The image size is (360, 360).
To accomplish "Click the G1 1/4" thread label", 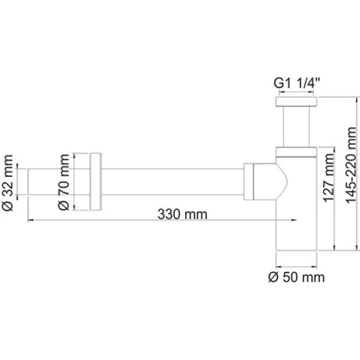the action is pos(297,83).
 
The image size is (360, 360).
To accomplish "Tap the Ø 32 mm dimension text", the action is pos(8,183).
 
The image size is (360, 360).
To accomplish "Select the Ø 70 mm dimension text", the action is pos(63,182).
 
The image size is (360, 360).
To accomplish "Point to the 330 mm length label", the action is pos(183,214).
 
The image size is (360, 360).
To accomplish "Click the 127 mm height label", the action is pos(328,178).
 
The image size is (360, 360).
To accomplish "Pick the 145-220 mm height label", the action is pos(351,165).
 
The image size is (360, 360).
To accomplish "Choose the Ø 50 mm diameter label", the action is pos(297,278).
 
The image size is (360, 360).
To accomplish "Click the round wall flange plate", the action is pos(96,181).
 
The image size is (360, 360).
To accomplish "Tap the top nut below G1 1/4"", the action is pos(296,101).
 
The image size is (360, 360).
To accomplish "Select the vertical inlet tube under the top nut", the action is pos(297,127).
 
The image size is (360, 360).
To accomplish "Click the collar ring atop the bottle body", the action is pos(296,152).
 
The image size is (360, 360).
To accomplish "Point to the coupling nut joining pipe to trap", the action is pos(248,182).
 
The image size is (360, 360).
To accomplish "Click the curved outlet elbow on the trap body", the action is pos(271,181).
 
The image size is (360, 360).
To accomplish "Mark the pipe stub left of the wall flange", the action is pos(59,182).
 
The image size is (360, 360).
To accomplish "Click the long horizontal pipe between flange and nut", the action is pos(172,182).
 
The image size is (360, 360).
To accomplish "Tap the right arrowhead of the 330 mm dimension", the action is pos(294,220).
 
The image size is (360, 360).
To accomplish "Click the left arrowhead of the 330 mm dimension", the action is pos(30,220).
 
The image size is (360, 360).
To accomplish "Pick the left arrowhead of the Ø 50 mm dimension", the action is pos(279,267).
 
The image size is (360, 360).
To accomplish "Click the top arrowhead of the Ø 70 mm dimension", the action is pos(74,156).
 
